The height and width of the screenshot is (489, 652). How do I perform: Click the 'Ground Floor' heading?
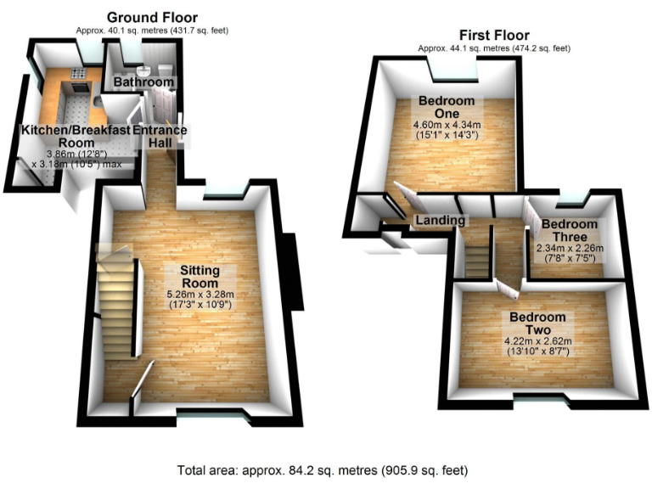tap(153, 17)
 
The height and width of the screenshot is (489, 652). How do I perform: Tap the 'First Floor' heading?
tap(494, 35)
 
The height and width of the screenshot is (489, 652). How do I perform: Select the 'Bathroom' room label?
tap(143, 82)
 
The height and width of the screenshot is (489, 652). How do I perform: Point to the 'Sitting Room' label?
tap(200, 277)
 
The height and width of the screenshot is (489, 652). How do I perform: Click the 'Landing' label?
tap(440, 221)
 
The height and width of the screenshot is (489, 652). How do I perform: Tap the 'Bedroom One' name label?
tap(447, 107)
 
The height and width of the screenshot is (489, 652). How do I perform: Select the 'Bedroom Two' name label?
tap(537, 323)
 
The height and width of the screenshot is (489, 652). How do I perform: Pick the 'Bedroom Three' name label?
tap(570, 231)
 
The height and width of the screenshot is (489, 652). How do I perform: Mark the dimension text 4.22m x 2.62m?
tap(537, 342)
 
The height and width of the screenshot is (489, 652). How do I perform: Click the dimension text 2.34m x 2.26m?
tap(570, 249)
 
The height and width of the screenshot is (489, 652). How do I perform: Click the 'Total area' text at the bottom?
tap(323, 469)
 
